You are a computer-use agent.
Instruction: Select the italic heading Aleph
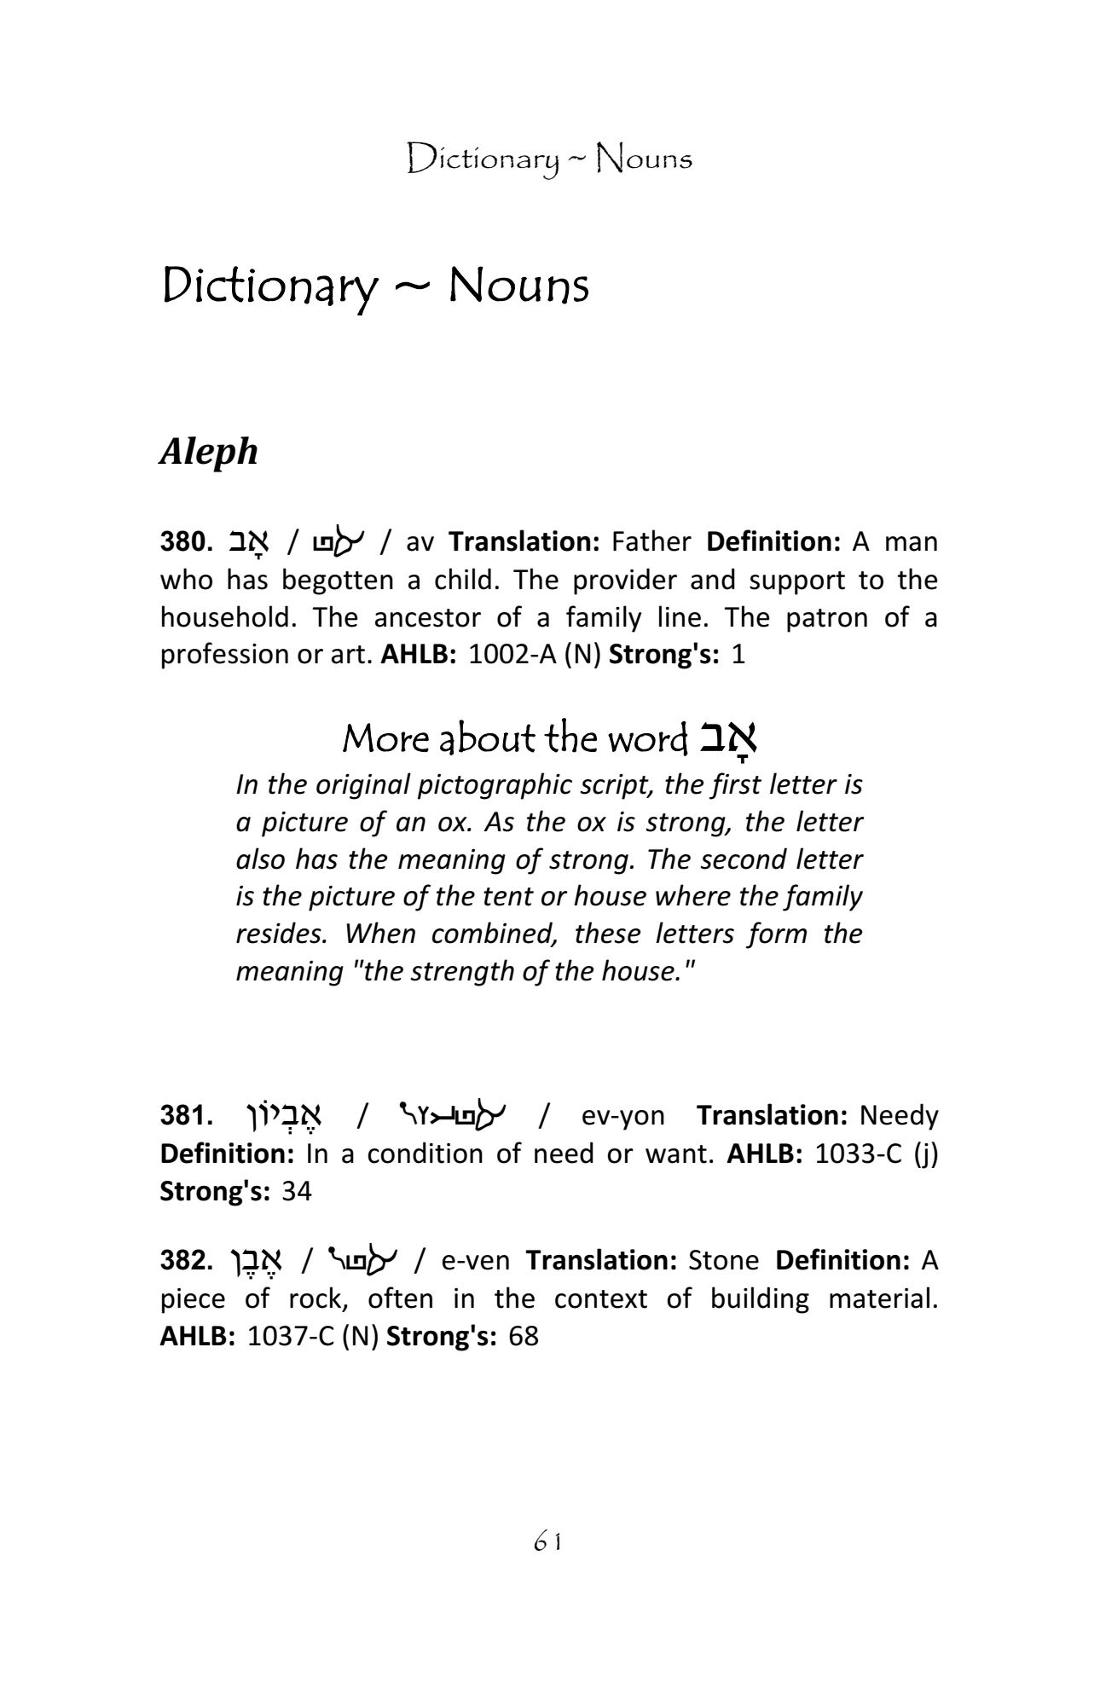point(208,451)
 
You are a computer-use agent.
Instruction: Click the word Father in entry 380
point(651,542)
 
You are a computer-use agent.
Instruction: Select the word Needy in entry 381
point(899,1116)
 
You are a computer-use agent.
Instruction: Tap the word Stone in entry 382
point(723,1261)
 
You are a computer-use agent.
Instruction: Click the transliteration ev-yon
point(622,1116)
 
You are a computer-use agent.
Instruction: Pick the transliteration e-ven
point(476,1261)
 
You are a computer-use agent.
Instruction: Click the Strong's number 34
point(297,1191)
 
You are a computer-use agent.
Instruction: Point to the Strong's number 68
point(524,1336)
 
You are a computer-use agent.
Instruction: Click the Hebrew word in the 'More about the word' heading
point(729,739)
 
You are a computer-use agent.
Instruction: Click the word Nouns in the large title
point(518,286)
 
